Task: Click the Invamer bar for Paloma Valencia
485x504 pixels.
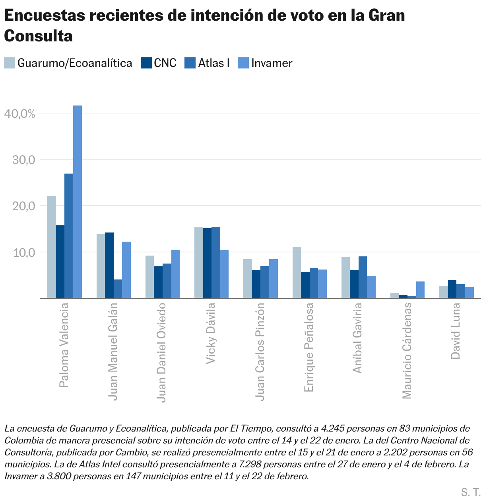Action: [78, 201]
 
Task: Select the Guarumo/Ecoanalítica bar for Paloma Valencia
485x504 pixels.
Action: [52, 247]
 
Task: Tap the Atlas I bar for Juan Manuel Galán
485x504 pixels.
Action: [118, 289]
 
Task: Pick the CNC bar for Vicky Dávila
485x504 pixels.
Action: [208, 263]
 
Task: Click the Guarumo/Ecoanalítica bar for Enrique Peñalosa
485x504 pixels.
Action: [297, 272]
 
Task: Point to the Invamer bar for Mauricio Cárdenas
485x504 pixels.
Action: [420, 290]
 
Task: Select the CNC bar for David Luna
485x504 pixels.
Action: [452, 289]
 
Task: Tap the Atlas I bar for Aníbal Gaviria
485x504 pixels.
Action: [363, 277]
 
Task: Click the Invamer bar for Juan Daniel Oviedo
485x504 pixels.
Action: [175, 274]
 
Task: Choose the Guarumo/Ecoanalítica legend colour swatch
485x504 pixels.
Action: [10, 63]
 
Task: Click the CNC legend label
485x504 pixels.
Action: [165, 63]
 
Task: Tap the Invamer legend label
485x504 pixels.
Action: [272, 63]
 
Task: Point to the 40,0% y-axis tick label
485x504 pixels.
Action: [20, 113]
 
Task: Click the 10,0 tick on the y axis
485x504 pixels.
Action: [24, 252]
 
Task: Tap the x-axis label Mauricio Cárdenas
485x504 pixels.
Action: [407, 351]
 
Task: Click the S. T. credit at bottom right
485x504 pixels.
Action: [471, 492]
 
